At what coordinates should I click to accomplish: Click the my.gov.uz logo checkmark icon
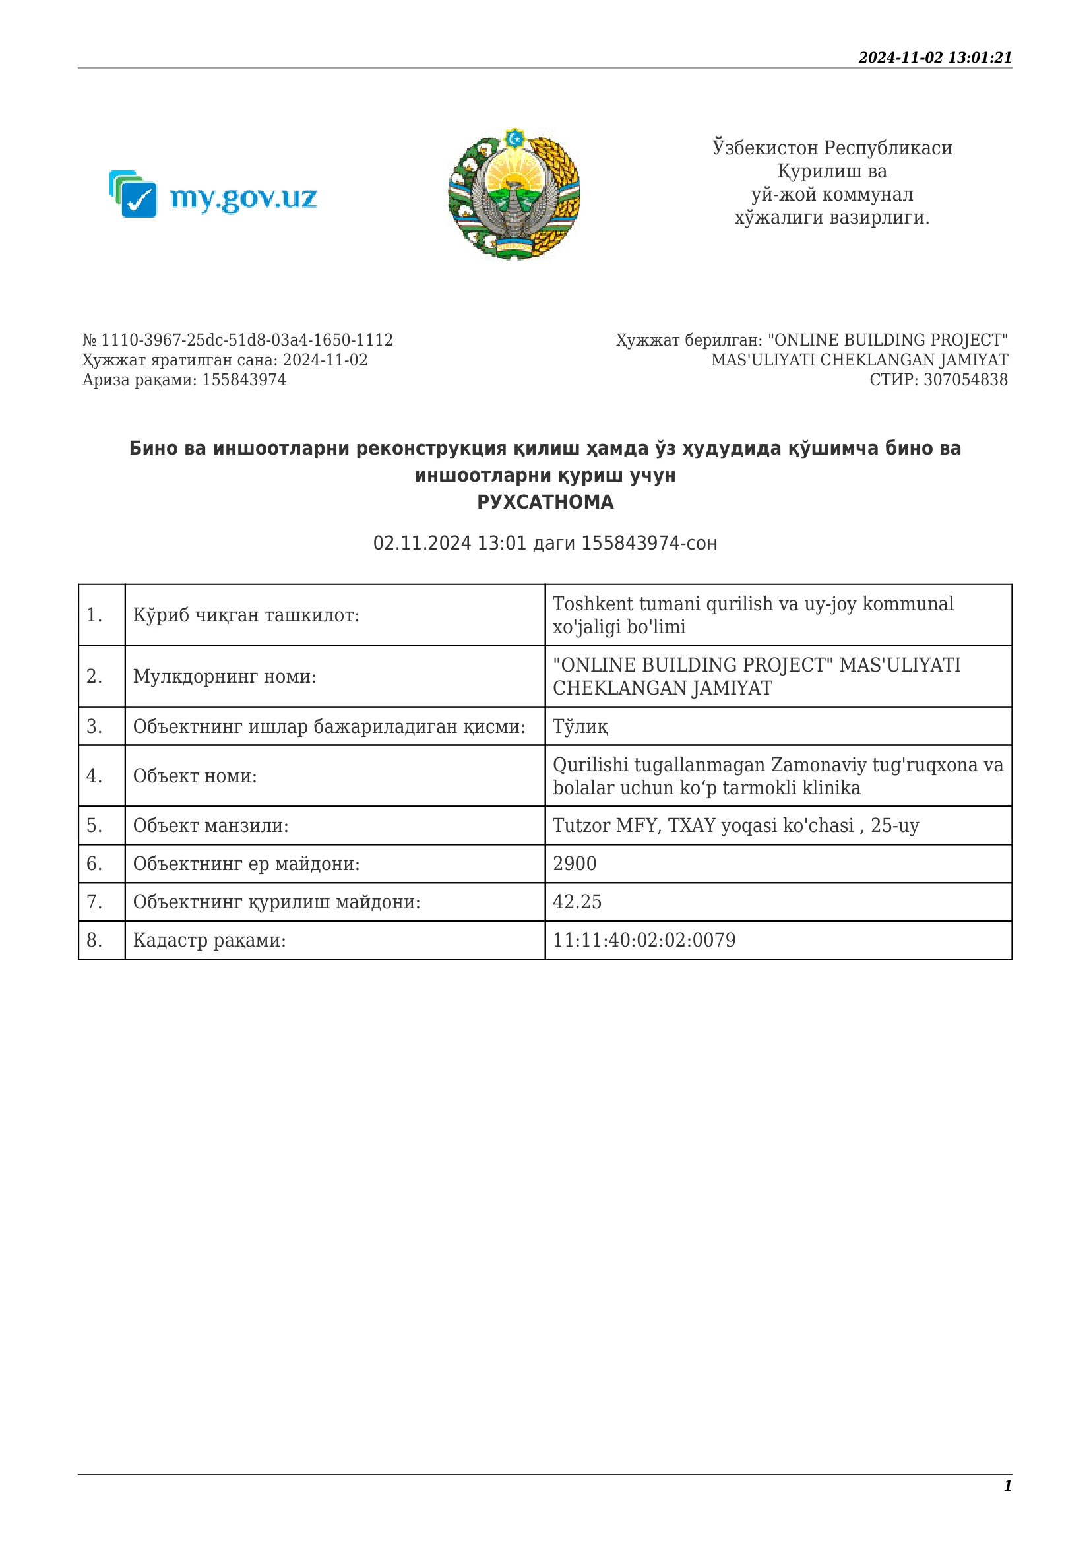(x=137, y=199)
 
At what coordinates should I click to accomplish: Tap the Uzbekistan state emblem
(x=514, y=194)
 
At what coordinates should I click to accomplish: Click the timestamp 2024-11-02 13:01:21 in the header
(x=935, y=58)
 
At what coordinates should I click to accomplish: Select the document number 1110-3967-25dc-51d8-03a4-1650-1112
(x=247, y=340)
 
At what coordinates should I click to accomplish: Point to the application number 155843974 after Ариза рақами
(x=244, y=380)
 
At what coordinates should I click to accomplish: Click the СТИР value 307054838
(x=966, y=380)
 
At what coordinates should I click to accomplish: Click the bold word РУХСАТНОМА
(x=545, y=502)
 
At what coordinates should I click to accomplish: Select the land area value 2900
(x=575, y=864)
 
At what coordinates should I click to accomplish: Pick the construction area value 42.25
(x=577, y=902)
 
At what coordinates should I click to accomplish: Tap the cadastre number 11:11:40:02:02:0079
(x=644, y=940)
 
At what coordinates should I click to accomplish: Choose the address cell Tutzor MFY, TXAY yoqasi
(x=735, y=825)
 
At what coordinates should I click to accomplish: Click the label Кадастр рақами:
(x=209, y=940)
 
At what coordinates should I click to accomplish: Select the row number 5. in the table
(x=95, y=825)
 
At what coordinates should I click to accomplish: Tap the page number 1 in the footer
(x=1008, y=1485)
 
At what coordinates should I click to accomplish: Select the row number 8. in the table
(x=95, y=940)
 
